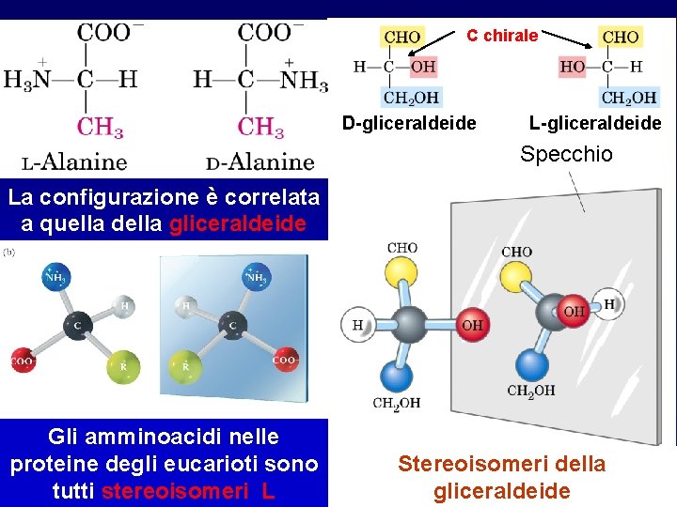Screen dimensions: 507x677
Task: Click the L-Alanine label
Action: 74,161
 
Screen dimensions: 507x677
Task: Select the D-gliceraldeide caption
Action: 409,123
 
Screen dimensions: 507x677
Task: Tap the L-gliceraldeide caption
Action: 595,123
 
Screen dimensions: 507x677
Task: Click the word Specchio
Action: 566,154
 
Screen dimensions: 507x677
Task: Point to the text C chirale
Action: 502,36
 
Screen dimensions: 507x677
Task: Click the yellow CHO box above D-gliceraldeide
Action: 402,38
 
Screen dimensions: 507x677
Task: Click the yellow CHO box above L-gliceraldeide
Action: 621,38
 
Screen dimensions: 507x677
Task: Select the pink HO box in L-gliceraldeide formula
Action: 573,67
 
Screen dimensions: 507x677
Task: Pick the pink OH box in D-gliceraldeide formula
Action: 423,67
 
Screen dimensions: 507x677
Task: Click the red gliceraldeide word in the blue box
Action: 239,223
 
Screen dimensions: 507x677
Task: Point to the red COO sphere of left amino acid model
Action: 24,360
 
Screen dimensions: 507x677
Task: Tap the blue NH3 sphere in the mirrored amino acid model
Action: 255,278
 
